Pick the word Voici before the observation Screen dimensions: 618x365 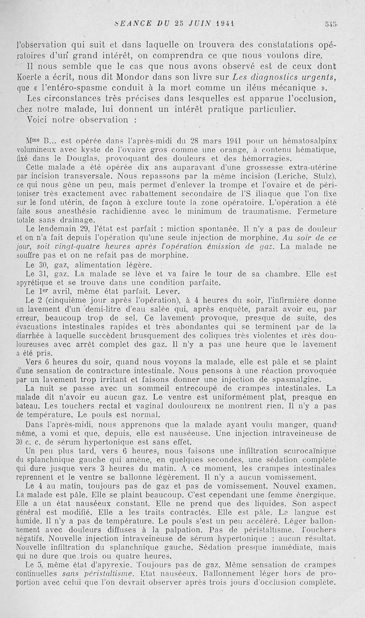38,120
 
